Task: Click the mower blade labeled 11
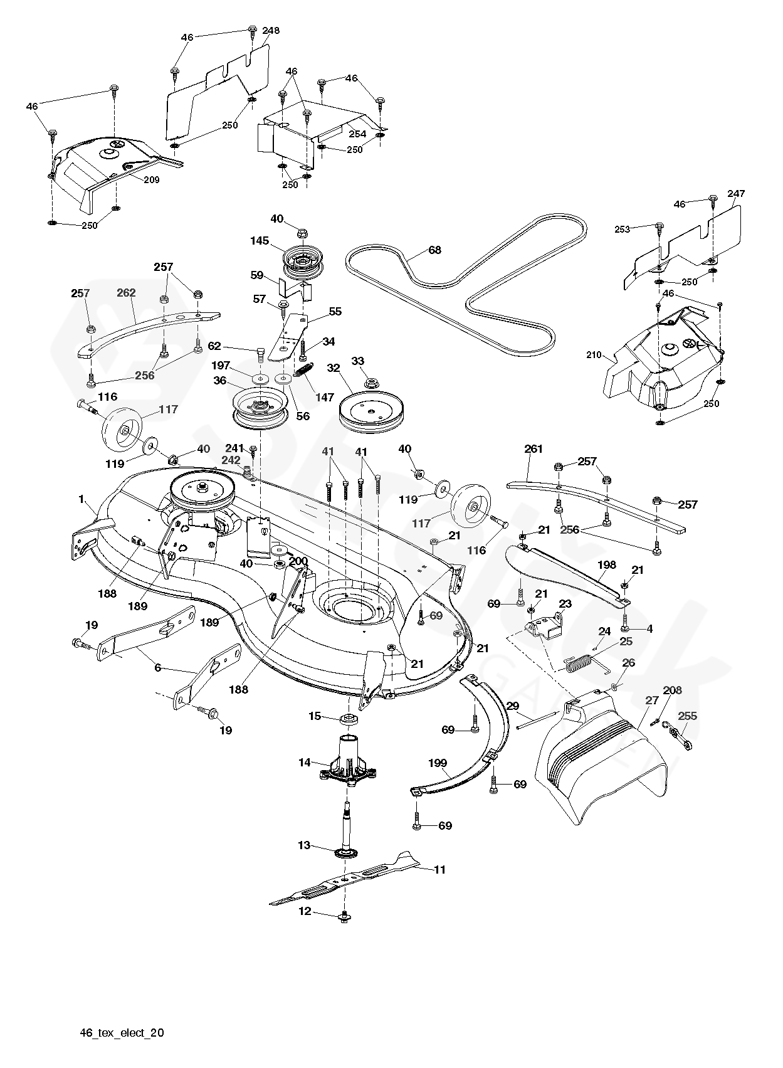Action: (351, 879)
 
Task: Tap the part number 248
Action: (271, 31)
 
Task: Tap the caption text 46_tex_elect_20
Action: (122, 1032)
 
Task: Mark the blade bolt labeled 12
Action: (344, 918)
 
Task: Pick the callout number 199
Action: (438, 763)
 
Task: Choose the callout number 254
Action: (357, 135)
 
